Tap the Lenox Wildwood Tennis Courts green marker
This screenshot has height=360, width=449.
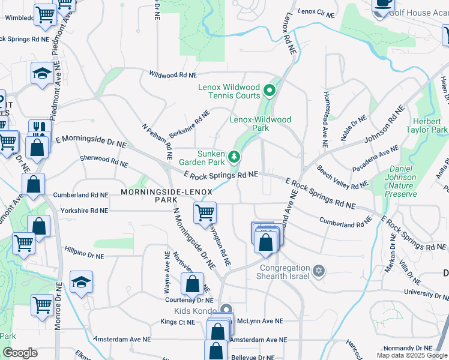tap(270, 92)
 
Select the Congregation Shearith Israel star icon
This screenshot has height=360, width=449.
tap(319, 272)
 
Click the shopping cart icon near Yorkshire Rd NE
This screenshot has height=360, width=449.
tap(205, 212)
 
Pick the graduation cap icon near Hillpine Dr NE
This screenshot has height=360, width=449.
tap(82, 281)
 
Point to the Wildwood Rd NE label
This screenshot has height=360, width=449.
tap(173, 76)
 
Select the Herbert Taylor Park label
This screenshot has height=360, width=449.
tap(431, 125)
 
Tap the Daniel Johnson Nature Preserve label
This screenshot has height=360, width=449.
tap(401, 178)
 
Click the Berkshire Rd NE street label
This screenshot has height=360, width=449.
tap(189, 123)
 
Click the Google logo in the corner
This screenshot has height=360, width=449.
tap(20, 353)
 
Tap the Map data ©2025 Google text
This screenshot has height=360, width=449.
tap(412, 355)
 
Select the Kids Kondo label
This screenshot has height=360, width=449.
tap(194, 311)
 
